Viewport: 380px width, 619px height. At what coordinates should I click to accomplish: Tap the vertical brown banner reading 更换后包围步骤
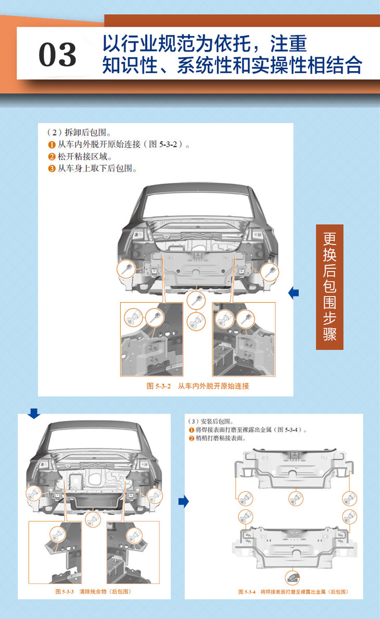coord(330,287)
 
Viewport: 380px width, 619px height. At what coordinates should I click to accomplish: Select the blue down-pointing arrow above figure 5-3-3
coord(34,414)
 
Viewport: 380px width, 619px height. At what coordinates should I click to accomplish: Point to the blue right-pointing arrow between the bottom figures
coord(183,501)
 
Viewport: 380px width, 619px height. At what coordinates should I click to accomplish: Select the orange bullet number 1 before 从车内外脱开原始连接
coord(52,145)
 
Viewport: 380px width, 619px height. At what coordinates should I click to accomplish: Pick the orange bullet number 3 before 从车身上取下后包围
coord(52,168)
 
